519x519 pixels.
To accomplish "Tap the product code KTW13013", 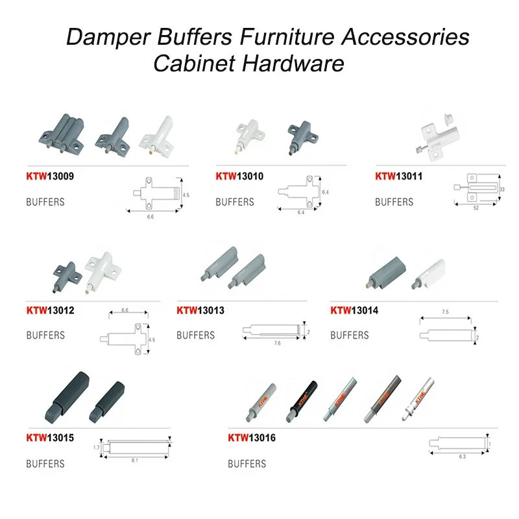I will pos(200,311).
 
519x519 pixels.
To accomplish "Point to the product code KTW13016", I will pos(252,438).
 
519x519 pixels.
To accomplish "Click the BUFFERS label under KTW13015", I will pos(45,464).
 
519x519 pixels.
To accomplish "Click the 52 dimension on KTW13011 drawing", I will pos(477,208).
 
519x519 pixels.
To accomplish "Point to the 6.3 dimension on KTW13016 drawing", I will pos(462,457).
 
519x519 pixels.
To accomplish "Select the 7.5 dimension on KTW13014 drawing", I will pos(446,313).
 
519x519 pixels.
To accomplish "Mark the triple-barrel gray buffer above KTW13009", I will pos(63,134).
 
